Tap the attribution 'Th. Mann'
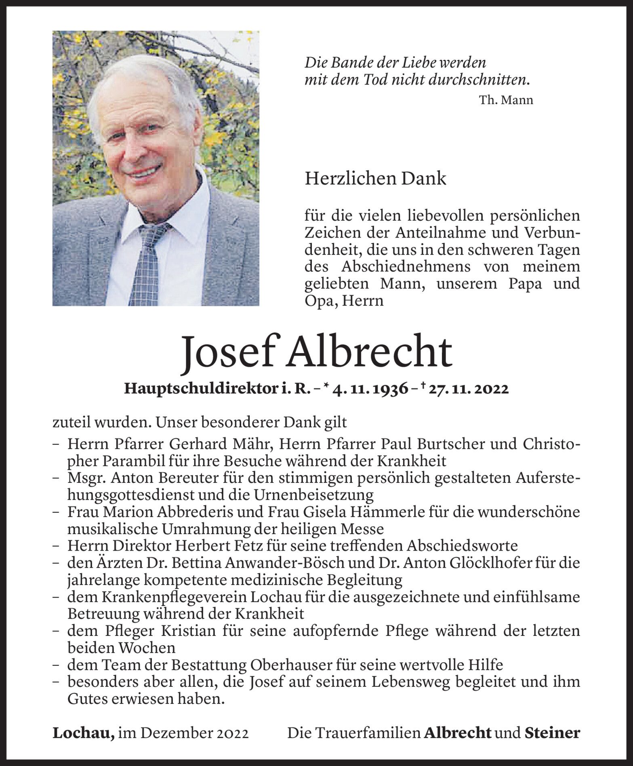pyautogui.click(x=506, y=100)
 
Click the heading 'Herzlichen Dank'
pyautogui.click(x=375, y=178)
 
